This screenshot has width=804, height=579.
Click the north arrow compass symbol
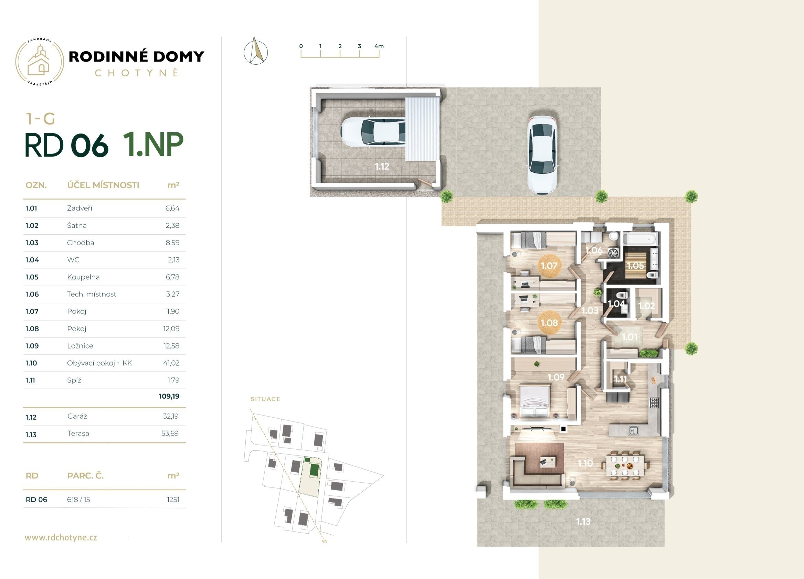[x=256, y=51]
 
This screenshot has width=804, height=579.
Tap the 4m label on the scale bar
[x=379, y=46]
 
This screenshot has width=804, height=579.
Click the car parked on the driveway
[x=542, y=154]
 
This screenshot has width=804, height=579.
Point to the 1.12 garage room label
[x=382, y=167]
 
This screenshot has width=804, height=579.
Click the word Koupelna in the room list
[x=83, y=277]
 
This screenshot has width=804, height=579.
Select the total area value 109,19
[x=169, y=396]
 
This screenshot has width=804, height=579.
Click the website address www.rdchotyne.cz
[x=61, y=537]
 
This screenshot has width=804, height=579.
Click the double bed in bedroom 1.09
[x=535, y=401]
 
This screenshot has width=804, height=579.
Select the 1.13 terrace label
[x=583, y=522]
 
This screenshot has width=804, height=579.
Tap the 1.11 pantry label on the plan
[x=620, y=379]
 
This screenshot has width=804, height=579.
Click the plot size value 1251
[x=173, y=500]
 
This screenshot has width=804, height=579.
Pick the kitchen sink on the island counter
[x=634, y=430]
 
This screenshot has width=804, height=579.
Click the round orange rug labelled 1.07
[x=549, y=265]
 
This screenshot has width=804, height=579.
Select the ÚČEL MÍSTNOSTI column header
[x=103, y=185]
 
